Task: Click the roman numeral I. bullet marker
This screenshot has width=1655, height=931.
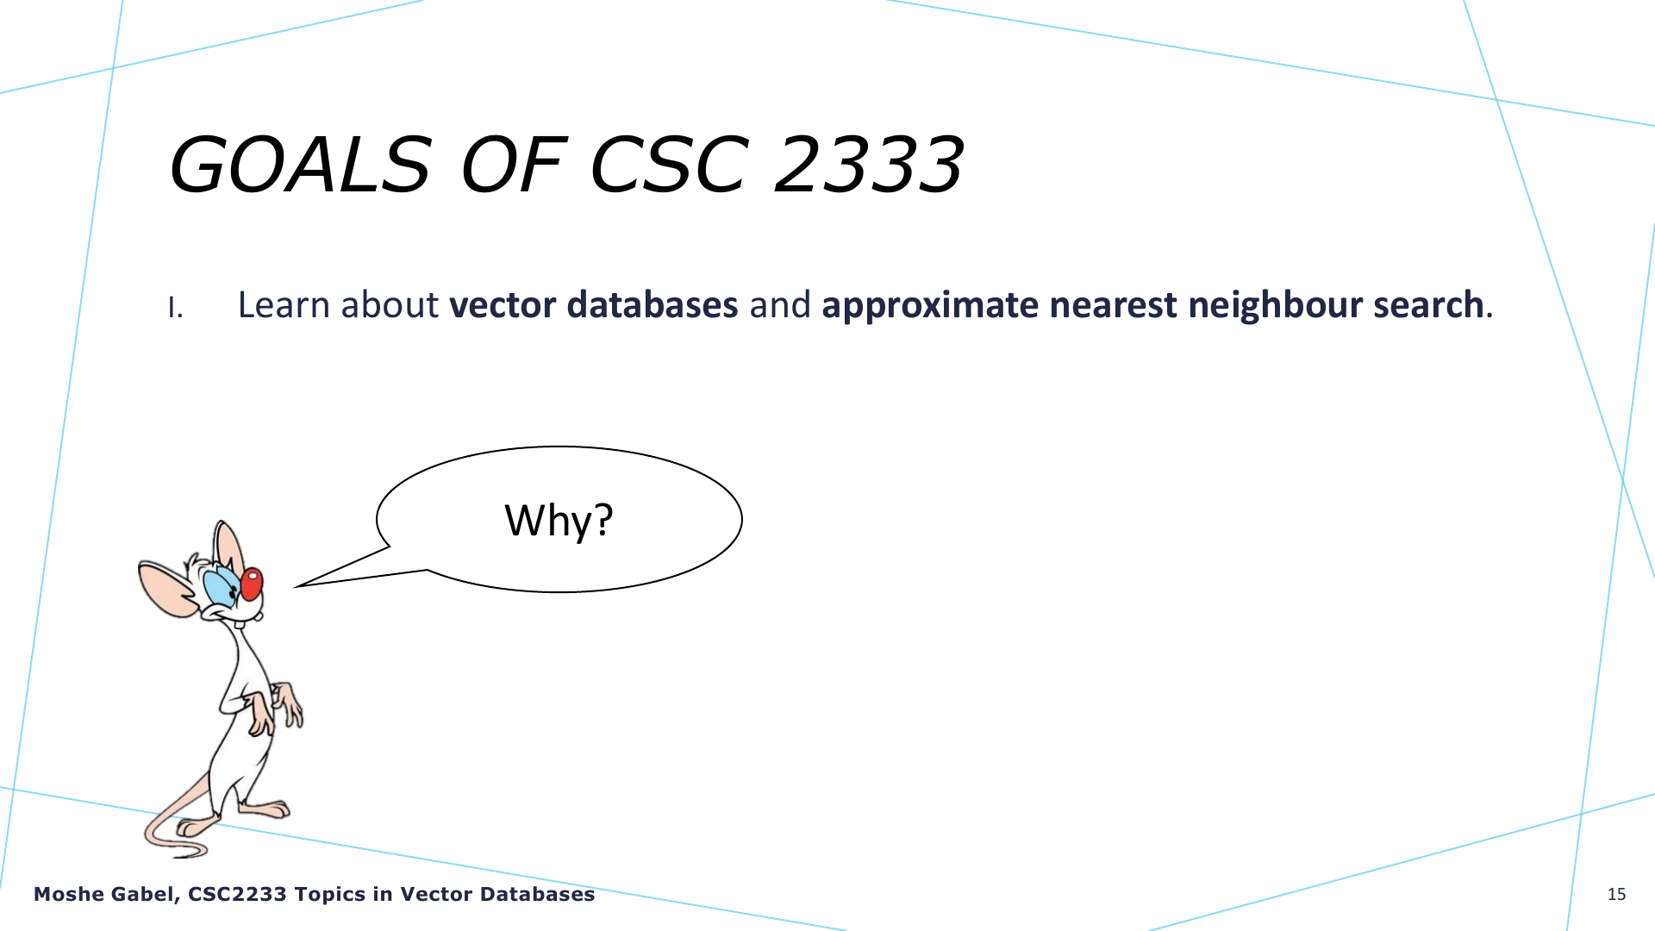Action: click(176, 308)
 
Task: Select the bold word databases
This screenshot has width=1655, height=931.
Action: click(653, 305)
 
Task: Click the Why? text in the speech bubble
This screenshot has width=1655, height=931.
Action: click(559, 520)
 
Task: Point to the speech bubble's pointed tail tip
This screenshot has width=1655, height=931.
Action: click(296, 587)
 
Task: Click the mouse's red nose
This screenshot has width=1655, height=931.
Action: click(251, 584)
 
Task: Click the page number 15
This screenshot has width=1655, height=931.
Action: click(1616, 895)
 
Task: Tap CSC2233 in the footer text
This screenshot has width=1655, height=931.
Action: click(237, 895)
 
